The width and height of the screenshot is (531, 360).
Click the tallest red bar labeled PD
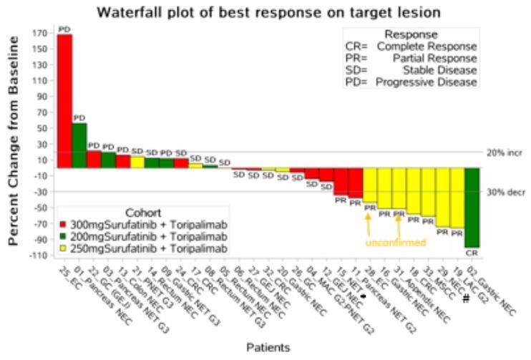(x=64, y=100)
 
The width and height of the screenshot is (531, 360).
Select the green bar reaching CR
(x=472, y=208)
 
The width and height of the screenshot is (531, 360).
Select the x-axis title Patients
(x=268, y=347)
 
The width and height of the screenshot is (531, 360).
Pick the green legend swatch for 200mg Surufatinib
(x=63, y=237)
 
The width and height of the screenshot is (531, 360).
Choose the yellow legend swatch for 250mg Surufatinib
(x=63, y=248)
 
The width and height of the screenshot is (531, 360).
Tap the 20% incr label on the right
(x=505, y=152)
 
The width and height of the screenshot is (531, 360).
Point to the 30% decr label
(x=505, y=192)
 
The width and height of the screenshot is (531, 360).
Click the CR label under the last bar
(x=472, y=253)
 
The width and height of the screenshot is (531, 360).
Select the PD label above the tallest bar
(x=64, y=29)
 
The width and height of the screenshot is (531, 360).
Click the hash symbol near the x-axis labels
(x=465, y=298)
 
